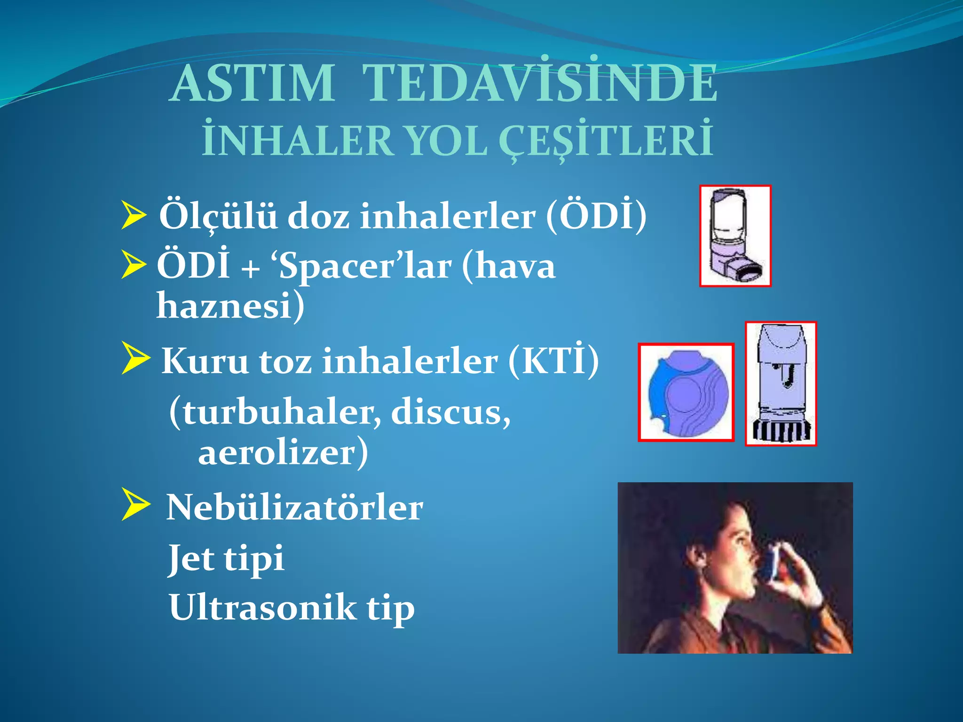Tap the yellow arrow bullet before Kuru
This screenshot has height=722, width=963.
coord(135,358)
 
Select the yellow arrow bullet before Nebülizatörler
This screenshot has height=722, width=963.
coord(135,504)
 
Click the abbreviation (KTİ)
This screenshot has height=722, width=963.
coord(553,361)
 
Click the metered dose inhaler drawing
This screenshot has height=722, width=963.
coord(735,236)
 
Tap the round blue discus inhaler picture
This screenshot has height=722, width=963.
coord(686,392)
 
